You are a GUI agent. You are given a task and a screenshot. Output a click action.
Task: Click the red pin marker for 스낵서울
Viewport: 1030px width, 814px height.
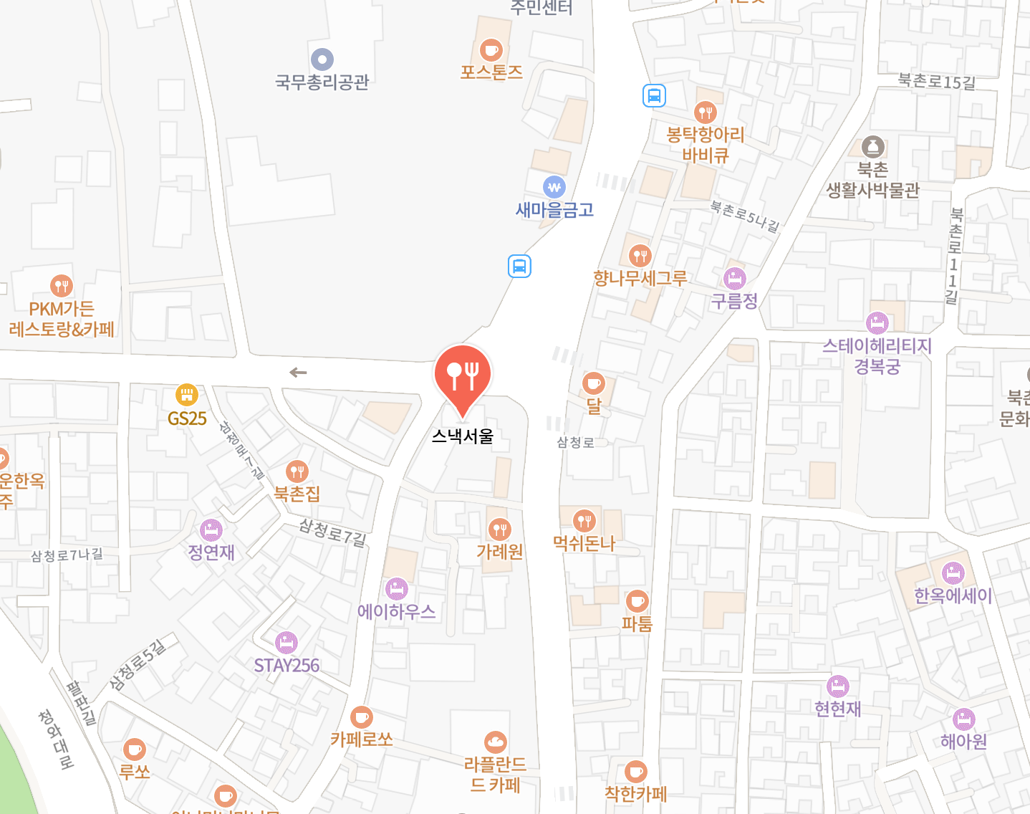coord(463,375)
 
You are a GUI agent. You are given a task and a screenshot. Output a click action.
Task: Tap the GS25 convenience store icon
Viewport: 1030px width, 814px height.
coord(186,395)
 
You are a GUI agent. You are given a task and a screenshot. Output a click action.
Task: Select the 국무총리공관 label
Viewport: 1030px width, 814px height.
coord(322,82)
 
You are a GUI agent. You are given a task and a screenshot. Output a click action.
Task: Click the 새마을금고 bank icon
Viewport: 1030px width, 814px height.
coord(554,188)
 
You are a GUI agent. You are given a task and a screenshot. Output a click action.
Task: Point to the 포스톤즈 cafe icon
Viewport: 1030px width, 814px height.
coord(491,50)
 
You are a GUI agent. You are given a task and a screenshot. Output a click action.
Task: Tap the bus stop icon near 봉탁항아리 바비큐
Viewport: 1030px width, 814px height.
coord(654,95)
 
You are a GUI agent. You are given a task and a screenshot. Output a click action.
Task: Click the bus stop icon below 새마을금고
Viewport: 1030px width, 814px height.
coord(519,267)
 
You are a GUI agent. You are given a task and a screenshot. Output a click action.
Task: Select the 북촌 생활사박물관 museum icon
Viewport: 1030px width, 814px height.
coord(872,147)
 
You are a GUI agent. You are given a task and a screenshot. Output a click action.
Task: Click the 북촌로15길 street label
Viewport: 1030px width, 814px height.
coord(937,82)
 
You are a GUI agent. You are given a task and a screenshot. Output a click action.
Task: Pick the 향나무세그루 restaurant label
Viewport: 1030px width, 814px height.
coord(640,278)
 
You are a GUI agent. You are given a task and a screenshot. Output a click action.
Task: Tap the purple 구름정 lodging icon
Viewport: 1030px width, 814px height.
coord(734,278)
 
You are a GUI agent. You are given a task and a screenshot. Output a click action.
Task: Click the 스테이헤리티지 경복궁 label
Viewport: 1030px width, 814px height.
coord(877,356)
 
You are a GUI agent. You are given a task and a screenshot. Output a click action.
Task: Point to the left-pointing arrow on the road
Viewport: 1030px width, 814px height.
coord(298,373)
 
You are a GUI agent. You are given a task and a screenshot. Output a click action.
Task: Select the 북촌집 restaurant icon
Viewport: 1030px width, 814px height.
coord(297,471)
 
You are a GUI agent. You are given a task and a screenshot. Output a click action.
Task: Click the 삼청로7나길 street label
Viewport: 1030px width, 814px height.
coord(67,555)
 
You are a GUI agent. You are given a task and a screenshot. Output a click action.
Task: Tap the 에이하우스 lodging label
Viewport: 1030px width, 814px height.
coord(396,611)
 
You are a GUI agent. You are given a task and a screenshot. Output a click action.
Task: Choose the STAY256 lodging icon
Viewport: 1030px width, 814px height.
coord(287,641)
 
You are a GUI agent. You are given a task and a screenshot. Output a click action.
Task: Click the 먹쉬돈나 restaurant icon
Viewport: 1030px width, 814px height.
coord(584,521)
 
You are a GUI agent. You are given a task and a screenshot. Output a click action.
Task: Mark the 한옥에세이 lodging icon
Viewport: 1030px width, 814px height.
coord(953,573)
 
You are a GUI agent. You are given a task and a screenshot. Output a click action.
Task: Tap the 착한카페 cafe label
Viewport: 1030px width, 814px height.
coord(635,793)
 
